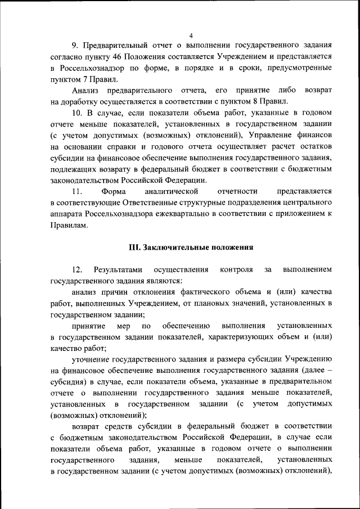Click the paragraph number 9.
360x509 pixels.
coord(75,44)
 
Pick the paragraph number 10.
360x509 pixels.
coord(77,113)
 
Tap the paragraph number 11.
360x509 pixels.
coord(77,192)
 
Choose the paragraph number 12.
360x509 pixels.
coord(77,269)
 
